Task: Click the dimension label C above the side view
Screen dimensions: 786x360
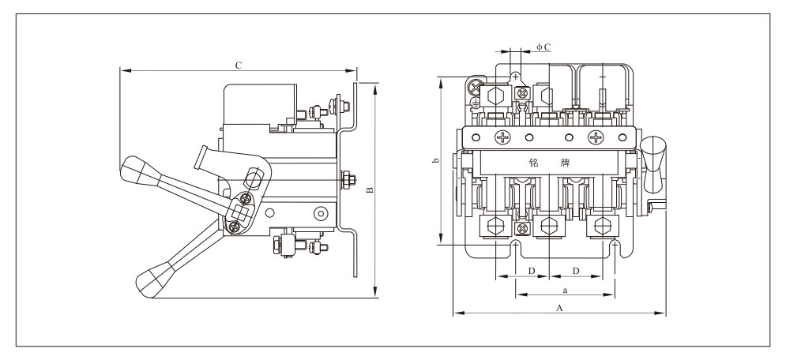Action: click(x=239, y=66)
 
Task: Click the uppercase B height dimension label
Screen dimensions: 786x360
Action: click(x=370, y=190)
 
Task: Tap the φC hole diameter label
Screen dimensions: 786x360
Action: click(x=543, y=47)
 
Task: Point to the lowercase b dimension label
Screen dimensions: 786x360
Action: click(x=435, y=161)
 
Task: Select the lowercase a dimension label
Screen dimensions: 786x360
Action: click(x=565, y=290)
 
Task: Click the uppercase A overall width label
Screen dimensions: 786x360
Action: click(x=560, y=308)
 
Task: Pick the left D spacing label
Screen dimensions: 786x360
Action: click(x=532, y=271)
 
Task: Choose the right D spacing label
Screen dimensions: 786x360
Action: click(x=576, y=271)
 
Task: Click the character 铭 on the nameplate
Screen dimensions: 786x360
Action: click(x=534, y=163)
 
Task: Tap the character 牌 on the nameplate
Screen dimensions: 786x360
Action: click(x=566, y=163)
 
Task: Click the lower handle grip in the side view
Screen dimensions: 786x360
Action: click(x=154, y=280)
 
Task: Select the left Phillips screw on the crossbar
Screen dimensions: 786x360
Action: click(x=502, y=137)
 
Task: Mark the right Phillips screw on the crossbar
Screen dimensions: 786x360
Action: click(x=596, y=137)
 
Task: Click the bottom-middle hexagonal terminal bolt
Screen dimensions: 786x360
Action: click(x=549, y=226)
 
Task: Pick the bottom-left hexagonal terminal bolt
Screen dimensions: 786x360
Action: click(x=496, y=226)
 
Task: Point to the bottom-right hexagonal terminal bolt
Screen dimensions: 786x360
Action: click(x=603, y=226)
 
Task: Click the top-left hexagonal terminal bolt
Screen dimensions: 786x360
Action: click(x=496, y=96)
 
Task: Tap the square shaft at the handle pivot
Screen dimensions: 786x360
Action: click(x=240, y=213)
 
